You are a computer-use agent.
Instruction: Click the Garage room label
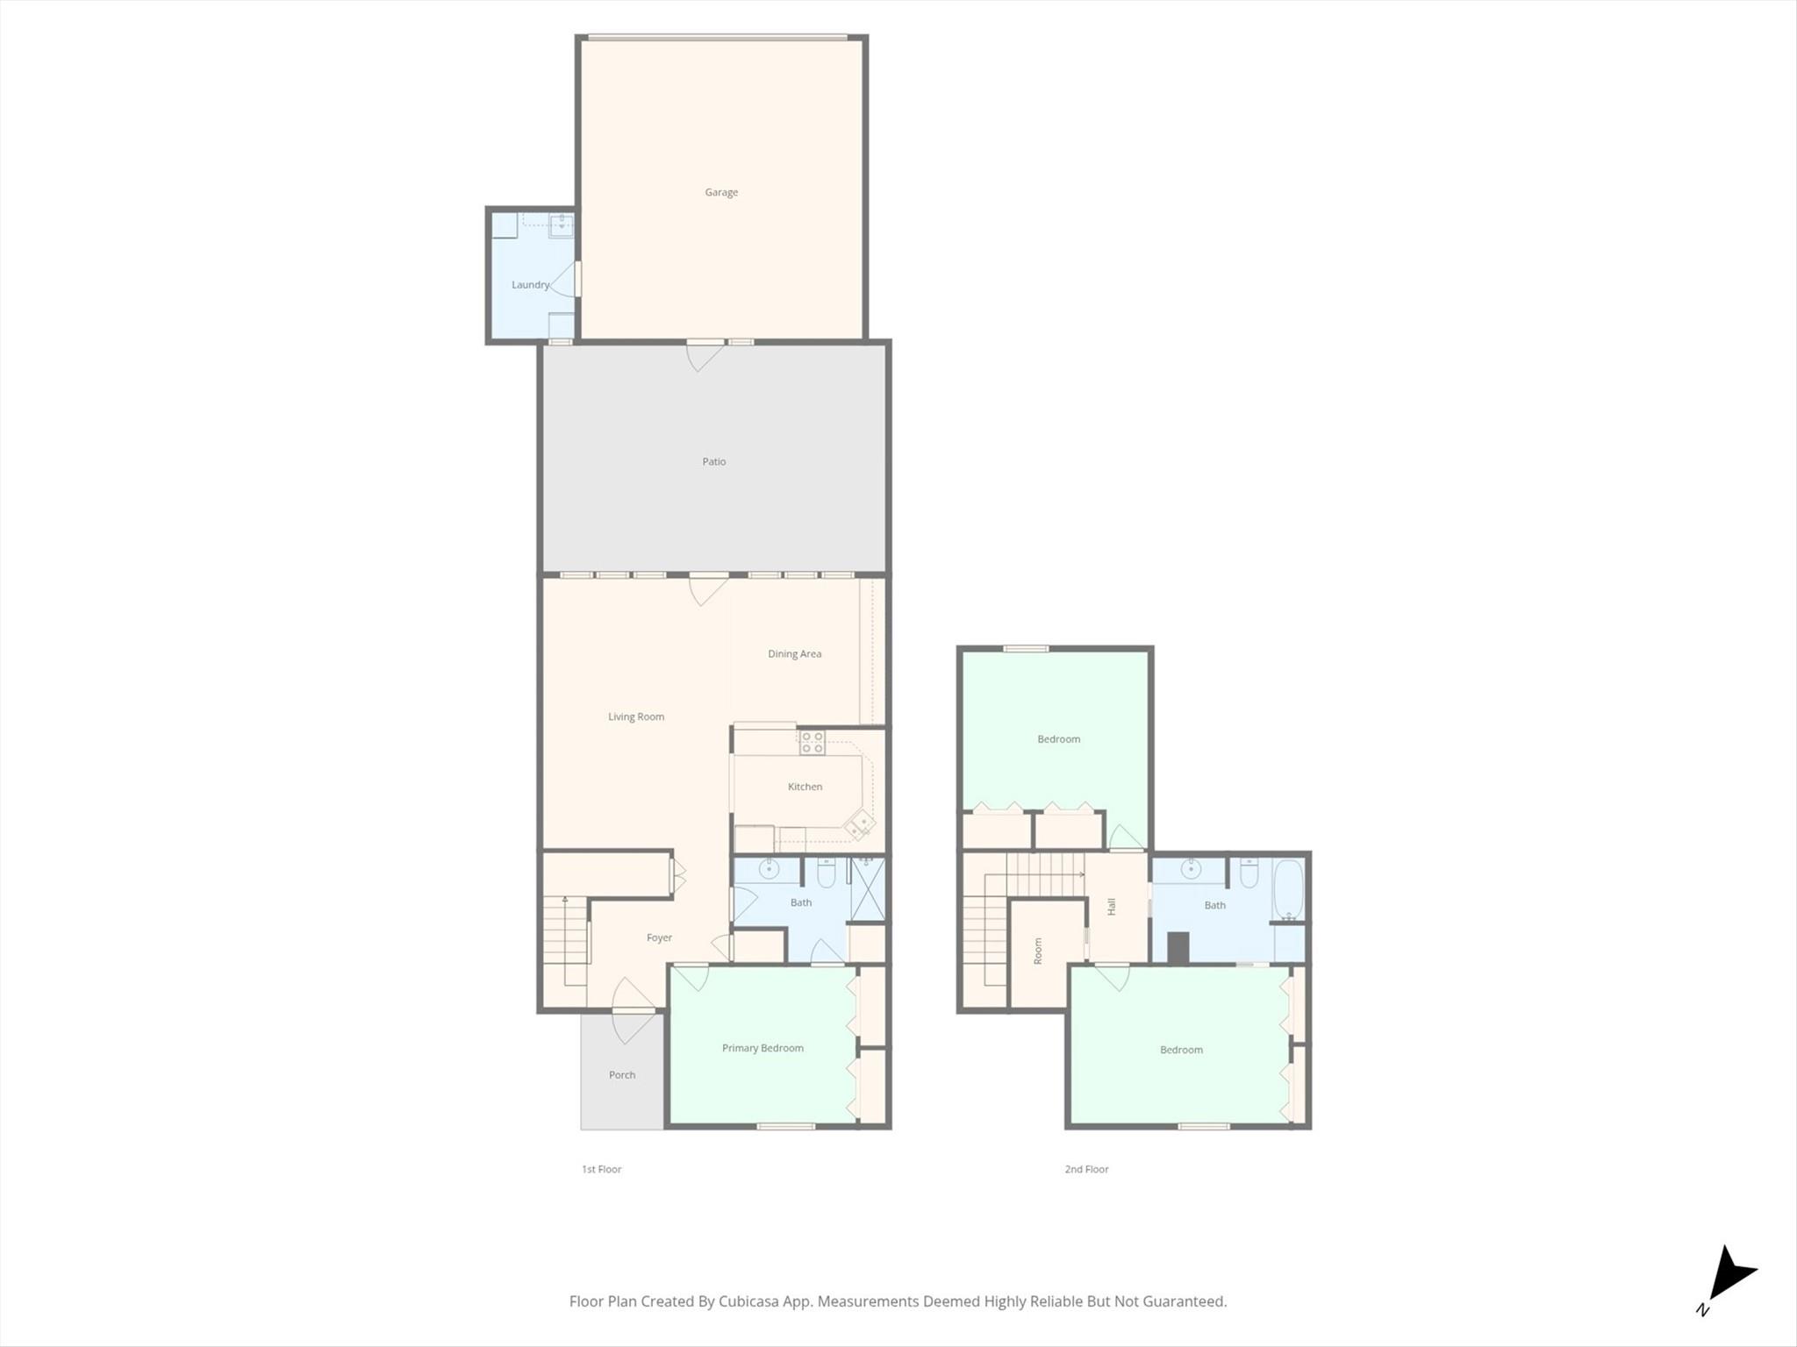tap(721, 192)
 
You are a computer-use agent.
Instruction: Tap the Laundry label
tap(531, 285)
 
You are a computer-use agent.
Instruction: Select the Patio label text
tap(714, 461)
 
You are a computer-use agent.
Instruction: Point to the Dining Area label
tap(795, 653)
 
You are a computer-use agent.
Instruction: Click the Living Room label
tap(636, 716)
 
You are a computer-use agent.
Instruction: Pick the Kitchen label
tap(805, 787)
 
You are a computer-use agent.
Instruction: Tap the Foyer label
tap(659, 937)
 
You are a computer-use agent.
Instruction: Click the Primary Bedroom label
tap(762, 1048)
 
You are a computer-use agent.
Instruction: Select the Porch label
tap(622, 1075)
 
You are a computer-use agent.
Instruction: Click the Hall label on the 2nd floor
tap(1112, 907)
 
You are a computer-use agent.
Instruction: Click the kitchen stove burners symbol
tap(812, 743)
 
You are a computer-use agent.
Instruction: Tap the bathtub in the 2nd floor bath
tap(1288, 889)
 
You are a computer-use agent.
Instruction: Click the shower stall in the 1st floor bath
tap(867, 888)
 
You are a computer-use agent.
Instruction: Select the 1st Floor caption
tap(601, 1169)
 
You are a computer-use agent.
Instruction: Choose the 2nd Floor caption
tap(1086, 1169)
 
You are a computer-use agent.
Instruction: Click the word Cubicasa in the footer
tap(751, 1301)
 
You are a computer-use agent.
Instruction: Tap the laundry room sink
tap(561, 226)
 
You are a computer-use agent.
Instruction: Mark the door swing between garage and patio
tap(705, 357)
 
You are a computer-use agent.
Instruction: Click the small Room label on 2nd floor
tap(1038, 951)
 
